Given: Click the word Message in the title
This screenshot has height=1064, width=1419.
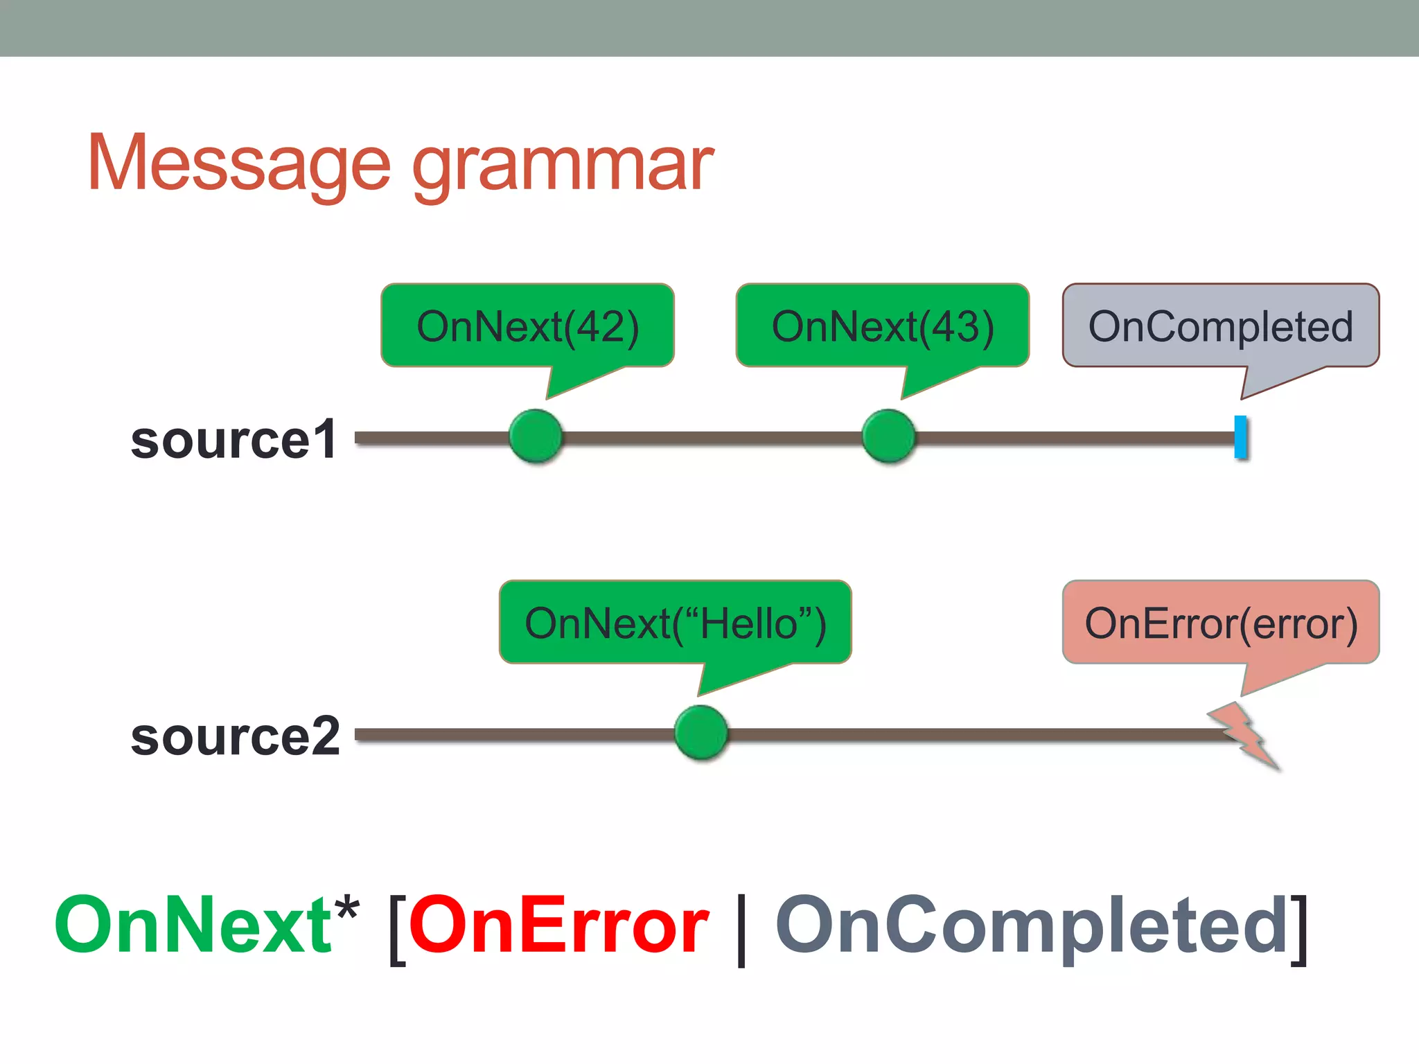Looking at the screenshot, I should pos(239,163).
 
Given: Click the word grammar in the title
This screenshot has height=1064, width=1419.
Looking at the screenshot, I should pos(563,166).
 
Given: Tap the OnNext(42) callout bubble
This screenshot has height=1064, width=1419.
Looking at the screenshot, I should pos(527,326).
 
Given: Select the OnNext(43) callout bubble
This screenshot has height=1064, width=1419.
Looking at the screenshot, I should pos(882,326).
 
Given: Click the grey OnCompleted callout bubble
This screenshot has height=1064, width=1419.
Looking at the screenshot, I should pos(1220,326).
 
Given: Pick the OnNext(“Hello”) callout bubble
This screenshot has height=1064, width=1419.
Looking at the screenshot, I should pos(675,623).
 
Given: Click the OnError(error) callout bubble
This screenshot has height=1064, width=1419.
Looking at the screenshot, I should pos(1220,623).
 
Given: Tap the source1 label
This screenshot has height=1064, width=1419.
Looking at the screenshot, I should pos(233,439).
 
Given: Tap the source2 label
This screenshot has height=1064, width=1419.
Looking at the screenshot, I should pos(235,736).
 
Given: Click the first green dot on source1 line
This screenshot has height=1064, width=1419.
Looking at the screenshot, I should pos(536,436).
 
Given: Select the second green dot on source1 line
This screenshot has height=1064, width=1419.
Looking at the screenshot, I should pos(889,436).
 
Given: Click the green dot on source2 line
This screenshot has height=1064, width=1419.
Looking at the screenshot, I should pos(701,733).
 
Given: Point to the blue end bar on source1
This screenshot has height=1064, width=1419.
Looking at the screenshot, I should pos(1240,437).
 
